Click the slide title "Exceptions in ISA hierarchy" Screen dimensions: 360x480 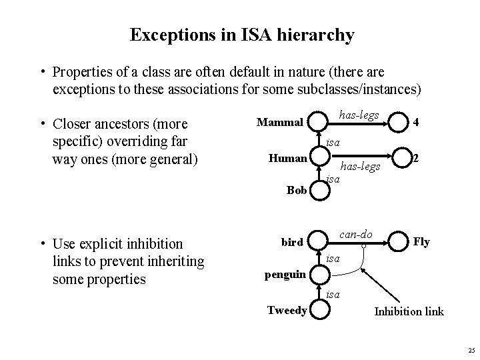click(242, 35)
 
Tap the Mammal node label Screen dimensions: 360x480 click(280, 122)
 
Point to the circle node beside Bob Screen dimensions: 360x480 click(321, 190)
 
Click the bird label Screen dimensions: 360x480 click(292, 242)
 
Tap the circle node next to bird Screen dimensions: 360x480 click(321, 241)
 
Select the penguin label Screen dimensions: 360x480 click(285, 273)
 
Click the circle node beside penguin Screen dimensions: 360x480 click(321, 273)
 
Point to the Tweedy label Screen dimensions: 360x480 click(287, 310)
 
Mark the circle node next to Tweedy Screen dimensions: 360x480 click(321, 310)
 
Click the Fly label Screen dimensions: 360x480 click(421, 242)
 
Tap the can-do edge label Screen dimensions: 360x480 click(356, 234)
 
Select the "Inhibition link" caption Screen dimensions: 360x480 click(409, 311)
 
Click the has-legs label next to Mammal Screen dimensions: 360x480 click(359, 115)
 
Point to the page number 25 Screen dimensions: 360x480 click(471, 350)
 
